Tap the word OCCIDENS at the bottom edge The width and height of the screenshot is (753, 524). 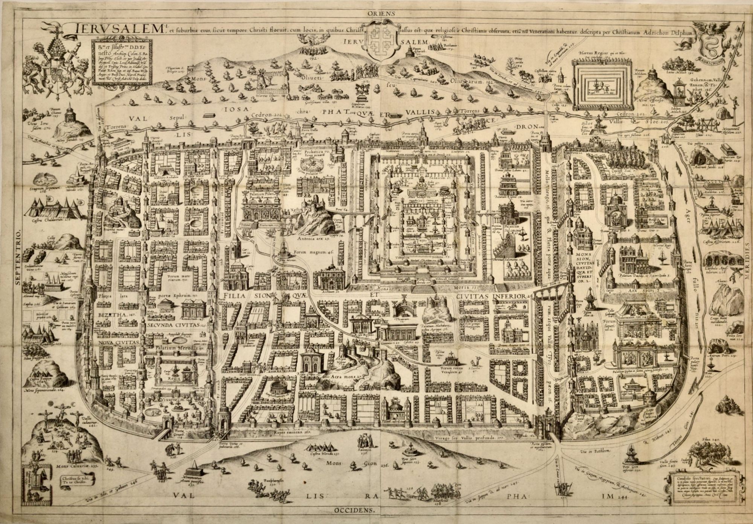[354, 510]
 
